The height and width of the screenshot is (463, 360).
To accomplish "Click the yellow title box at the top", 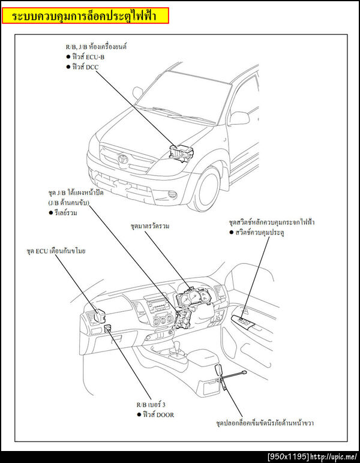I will (x=85, y=16).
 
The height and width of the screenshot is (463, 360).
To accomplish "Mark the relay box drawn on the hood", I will (x=182, y=152).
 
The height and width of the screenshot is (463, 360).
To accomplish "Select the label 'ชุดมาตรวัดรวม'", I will (x=150, y=227).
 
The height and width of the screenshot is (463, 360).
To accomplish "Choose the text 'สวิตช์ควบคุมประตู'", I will (x=265, y=232).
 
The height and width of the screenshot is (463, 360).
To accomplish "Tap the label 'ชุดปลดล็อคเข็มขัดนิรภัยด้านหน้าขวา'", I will (x=265, y=423).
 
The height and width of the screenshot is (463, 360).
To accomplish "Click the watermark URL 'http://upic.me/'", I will (x=334, y=457).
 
